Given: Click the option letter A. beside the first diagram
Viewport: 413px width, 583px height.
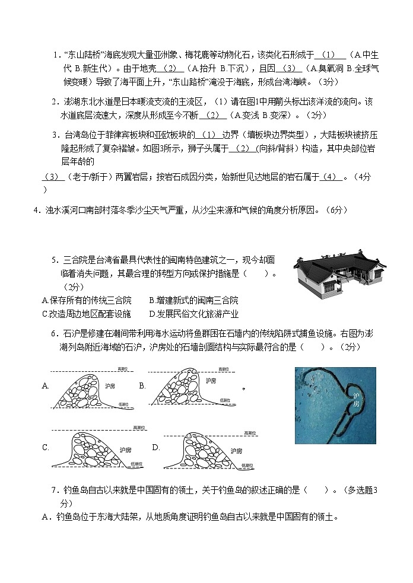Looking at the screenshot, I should click(46, 386).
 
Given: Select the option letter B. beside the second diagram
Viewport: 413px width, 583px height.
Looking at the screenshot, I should click(142, 386).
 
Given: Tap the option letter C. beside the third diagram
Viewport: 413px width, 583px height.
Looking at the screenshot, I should click(46, 448).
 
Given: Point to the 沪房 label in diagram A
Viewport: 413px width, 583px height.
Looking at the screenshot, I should click(109, 386).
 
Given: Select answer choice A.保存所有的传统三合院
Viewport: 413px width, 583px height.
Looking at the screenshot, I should click(87, 300).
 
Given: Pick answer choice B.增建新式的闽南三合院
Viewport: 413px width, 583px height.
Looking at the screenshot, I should click(193, 300).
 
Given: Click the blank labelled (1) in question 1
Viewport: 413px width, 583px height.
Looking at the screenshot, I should click(329, 55).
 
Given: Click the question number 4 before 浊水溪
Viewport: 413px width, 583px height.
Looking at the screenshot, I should click(35, 210).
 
